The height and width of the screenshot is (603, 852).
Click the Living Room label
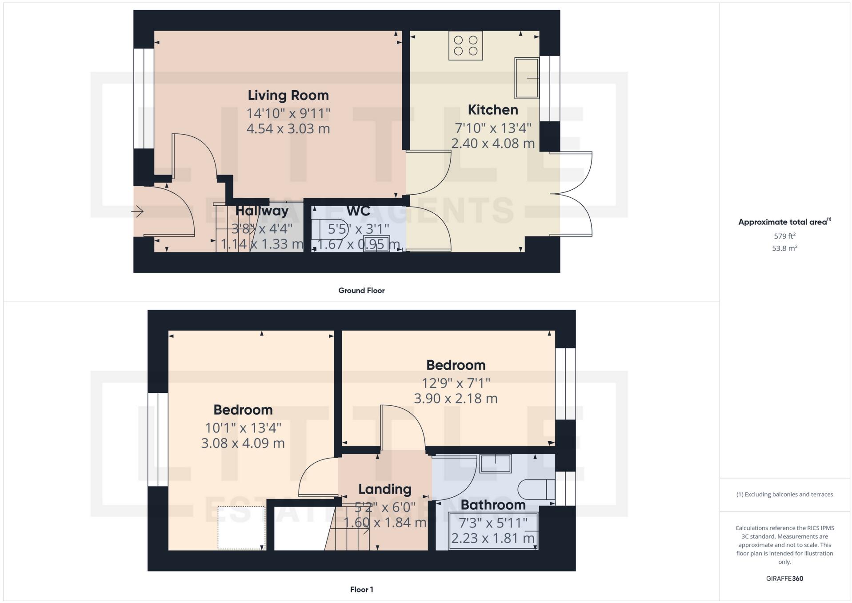pos(288,95)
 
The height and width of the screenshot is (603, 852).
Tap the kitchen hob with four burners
pos(465,46)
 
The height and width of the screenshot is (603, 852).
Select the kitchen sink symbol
pos(527,78)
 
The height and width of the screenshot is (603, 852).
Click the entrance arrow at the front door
pos(137,211)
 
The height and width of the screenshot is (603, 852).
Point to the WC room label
pos(358,211)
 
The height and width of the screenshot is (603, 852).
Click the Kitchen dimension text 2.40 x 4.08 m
pos(492,144)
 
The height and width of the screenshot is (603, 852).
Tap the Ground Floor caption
pos(361,290)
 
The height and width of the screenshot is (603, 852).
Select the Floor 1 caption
pos(361,589)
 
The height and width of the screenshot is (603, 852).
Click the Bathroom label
pos(493,505)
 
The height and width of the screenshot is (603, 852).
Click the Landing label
pos(384,489)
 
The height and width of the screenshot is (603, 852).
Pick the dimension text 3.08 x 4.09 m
pos(243,443)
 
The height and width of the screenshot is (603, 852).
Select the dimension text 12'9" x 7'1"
pos(456,383)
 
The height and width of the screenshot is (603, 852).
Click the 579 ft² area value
pos(784,236)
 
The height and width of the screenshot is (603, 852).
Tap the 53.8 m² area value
pos(784,248)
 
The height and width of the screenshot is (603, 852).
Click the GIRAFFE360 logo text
pos(784,579)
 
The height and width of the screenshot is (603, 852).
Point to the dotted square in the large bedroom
pos(241,527)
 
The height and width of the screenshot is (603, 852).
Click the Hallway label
pos(262,211)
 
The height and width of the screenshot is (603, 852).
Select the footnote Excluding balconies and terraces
pos(784,494)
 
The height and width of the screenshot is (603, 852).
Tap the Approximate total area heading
pos(783,222)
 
